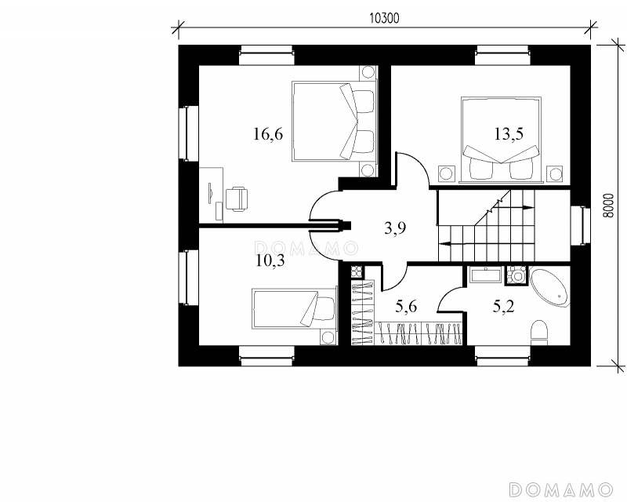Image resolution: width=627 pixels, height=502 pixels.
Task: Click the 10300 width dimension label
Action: click(x=384, y=18)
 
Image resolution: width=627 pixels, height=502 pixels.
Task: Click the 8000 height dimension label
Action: click(x=608, y=206)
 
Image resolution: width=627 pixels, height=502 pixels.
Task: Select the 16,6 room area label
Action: click(x=268, y=134)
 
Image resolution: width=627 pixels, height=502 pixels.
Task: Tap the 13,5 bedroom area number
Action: click(x=509, y=134)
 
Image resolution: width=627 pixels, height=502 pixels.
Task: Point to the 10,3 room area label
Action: click(x=270, y=261)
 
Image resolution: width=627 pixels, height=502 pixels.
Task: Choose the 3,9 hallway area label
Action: click(x=395, y=228)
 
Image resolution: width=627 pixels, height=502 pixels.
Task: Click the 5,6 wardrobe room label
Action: click(x=406, y=307)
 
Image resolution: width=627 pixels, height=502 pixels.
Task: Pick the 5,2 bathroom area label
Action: click(x=503, y=307)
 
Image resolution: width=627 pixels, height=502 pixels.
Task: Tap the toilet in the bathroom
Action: click(x=538, y=332)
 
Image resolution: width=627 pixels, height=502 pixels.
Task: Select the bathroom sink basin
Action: click(x=485, y=276)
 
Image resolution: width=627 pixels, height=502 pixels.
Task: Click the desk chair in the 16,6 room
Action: click(x=237, y=199)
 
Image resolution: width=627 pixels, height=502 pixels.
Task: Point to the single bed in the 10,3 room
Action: click(x=294, y=309)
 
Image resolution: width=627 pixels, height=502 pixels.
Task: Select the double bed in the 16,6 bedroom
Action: click(x=335, y=122)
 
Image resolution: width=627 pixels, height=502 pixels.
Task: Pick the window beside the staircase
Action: click(x=580, y=225)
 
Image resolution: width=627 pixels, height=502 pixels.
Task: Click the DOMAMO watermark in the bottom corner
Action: click(x=561, y=489)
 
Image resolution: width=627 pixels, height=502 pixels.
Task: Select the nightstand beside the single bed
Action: click(x=328, y=337)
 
